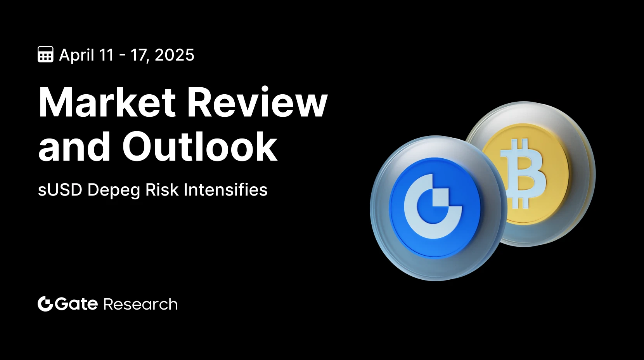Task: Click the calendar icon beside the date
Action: [45, 54]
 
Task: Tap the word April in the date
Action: [77, 55]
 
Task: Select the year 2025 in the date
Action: [175, 55]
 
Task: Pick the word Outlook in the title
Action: [200, 146]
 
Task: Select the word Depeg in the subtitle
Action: [114, 191]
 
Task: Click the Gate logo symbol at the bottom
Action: [45, 304]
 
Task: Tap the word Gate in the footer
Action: [76, 304]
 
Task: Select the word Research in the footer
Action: [140, 304]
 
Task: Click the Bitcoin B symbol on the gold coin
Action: [523, 173]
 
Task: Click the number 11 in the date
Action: [106, 55]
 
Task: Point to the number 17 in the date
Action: [140, 55]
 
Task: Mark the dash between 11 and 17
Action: [122, 56]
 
